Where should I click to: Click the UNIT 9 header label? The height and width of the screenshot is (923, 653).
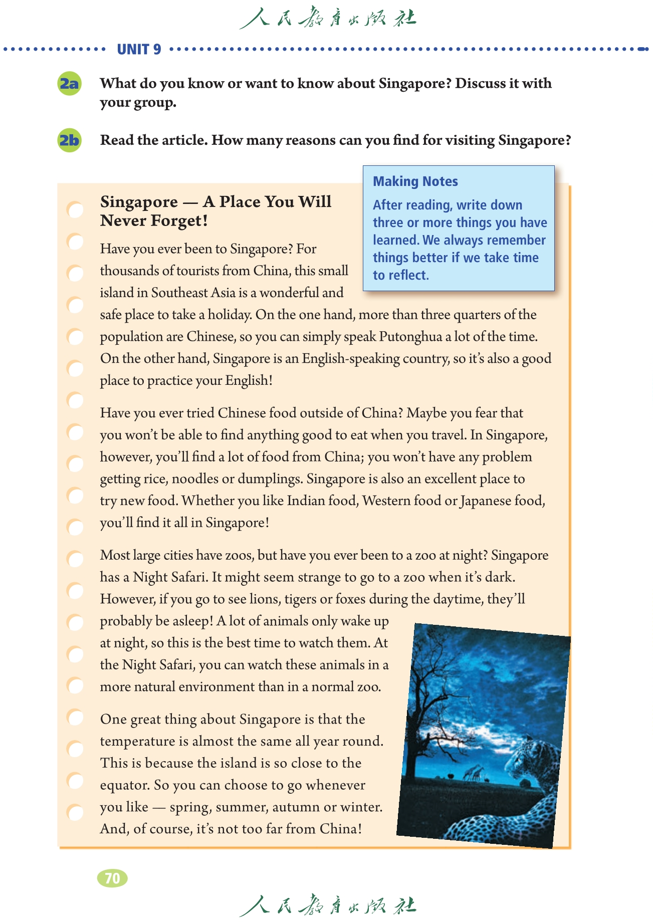point(139,49)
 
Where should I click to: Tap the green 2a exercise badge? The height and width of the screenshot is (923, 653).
point(69,83)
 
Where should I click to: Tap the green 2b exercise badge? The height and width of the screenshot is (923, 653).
point(69,140)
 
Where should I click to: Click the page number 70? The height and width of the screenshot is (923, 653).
point(112,878)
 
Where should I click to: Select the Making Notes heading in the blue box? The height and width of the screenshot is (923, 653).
point(415,181)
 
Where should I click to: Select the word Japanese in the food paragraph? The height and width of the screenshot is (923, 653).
point(493,501)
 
